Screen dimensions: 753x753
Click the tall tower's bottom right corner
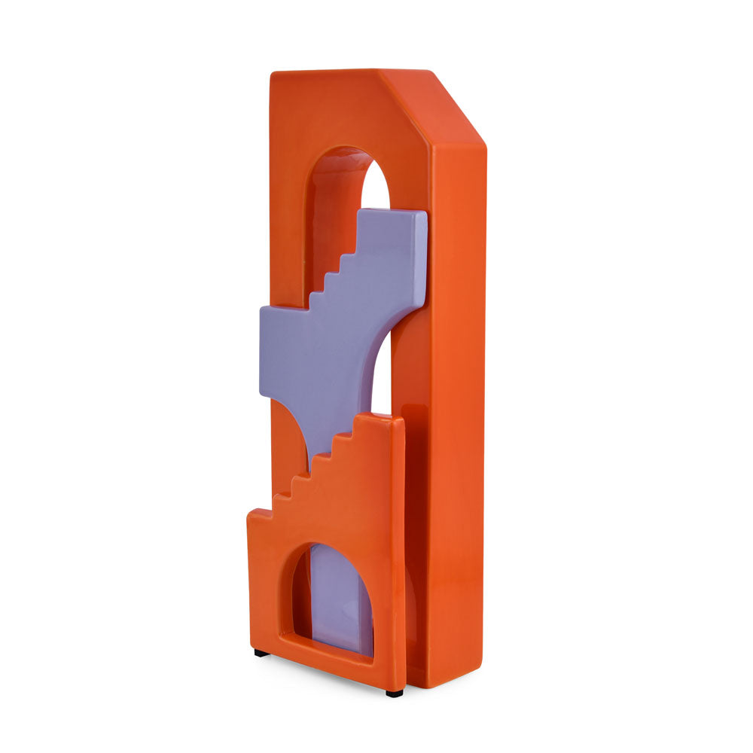click(479, 681)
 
